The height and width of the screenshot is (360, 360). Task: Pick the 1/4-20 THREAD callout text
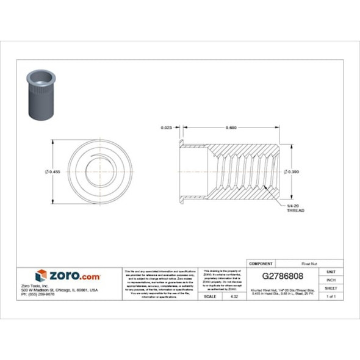(x=295, y=209)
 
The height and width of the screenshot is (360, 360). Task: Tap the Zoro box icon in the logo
(x=41, y=276)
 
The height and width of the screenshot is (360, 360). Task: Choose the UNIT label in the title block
(x=331, y=271)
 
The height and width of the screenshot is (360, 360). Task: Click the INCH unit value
(x=331, y=279)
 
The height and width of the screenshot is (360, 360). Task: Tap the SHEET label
(x=331, y=287)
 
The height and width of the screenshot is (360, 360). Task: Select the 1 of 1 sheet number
(x=331, y=296)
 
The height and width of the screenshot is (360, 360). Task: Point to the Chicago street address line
(x=67, y=290)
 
